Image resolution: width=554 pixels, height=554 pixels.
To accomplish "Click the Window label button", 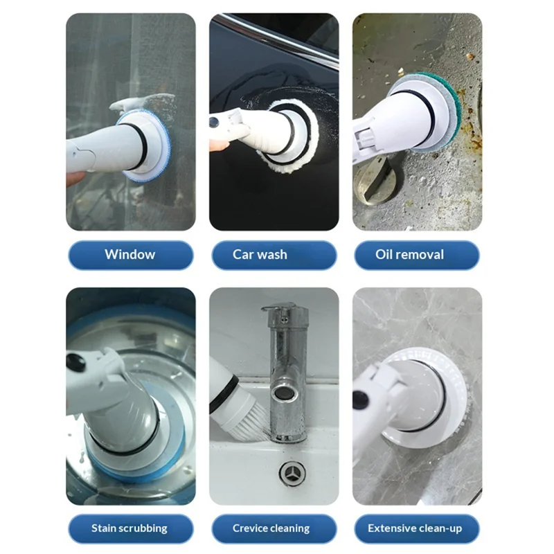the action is point(131,255).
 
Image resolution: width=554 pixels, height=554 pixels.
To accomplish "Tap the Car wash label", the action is point(274,255).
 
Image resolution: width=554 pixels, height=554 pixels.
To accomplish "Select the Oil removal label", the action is point(417,255).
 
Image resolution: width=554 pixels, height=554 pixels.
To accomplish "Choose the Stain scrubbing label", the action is point(131,528).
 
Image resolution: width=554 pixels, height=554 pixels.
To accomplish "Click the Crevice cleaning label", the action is point(274,528).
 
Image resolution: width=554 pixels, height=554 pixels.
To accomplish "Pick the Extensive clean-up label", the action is point(417,528).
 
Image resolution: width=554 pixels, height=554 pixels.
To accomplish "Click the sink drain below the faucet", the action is point(292,473).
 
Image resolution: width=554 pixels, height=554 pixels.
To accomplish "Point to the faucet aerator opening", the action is point(283,395).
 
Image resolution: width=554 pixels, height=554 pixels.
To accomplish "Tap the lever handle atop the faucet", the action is point(280,307).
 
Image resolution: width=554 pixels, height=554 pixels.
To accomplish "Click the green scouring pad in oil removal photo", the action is point(447,106).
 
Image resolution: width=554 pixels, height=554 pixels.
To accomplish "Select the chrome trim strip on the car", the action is point(276,39).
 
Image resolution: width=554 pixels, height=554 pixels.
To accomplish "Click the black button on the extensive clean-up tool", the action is point(361,400).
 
